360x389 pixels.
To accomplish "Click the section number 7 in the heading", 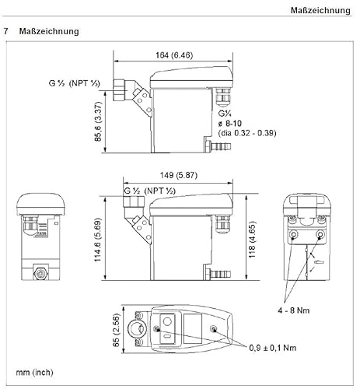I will click(7, 32).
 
